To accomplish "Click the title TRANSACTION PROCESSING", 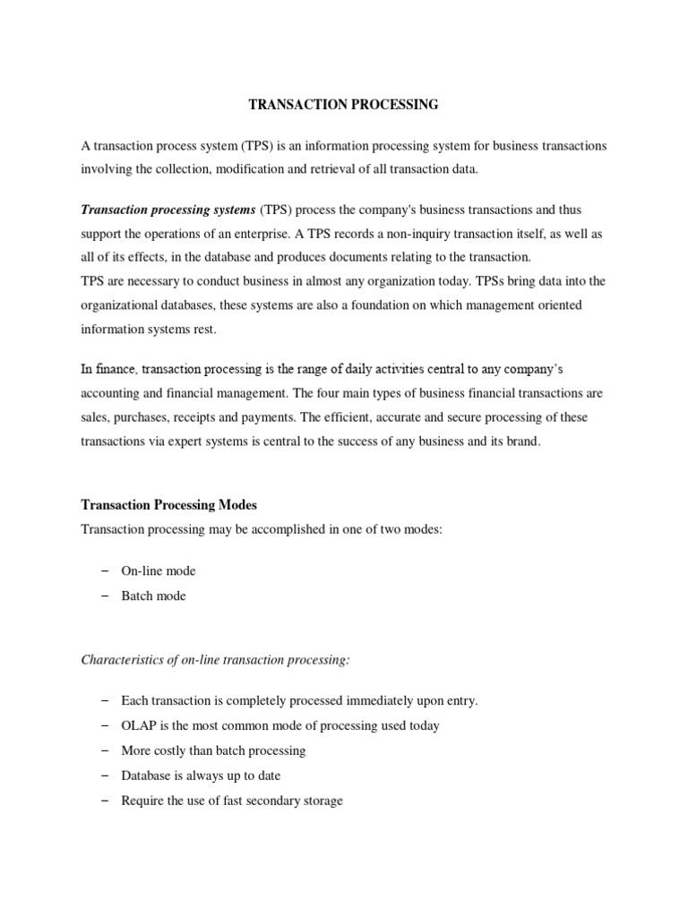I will click(343, 105).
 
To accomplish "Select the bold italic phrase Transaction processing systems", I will click(168, 210).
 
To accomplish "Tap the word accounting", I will click(111, 393).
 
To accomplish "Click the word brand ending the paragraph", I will click(523, 441).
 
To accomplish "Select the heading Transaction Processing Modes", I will click(168, 504).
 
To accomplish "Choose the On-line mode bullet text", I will click(159, 571).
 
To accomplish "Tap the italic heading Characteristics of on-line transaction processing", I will click(216, 660).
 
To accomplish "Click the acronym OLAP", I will click(140, 725).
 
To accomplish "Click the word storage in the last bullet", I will click(320, 801).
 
